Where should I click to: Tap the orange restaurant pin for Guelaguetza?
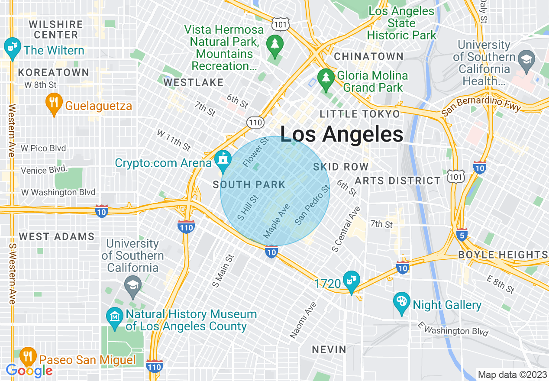54,103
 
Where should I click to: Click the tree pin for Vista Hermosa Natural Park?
274,45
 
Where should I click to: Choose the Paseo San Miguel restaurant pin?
28,356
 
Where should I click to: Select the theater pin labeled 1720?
351,281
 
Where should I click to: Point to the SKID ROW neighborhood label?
341,167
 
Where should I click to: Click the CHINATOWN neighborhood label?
368,56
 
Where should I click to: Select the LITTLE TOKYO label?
359,114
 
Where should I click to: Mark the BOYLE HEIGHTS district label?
503,255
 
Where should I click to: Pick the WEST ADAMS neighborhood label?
57,236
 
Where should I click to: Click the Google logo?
29,371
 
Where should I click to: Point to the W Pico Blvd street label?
43,148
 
